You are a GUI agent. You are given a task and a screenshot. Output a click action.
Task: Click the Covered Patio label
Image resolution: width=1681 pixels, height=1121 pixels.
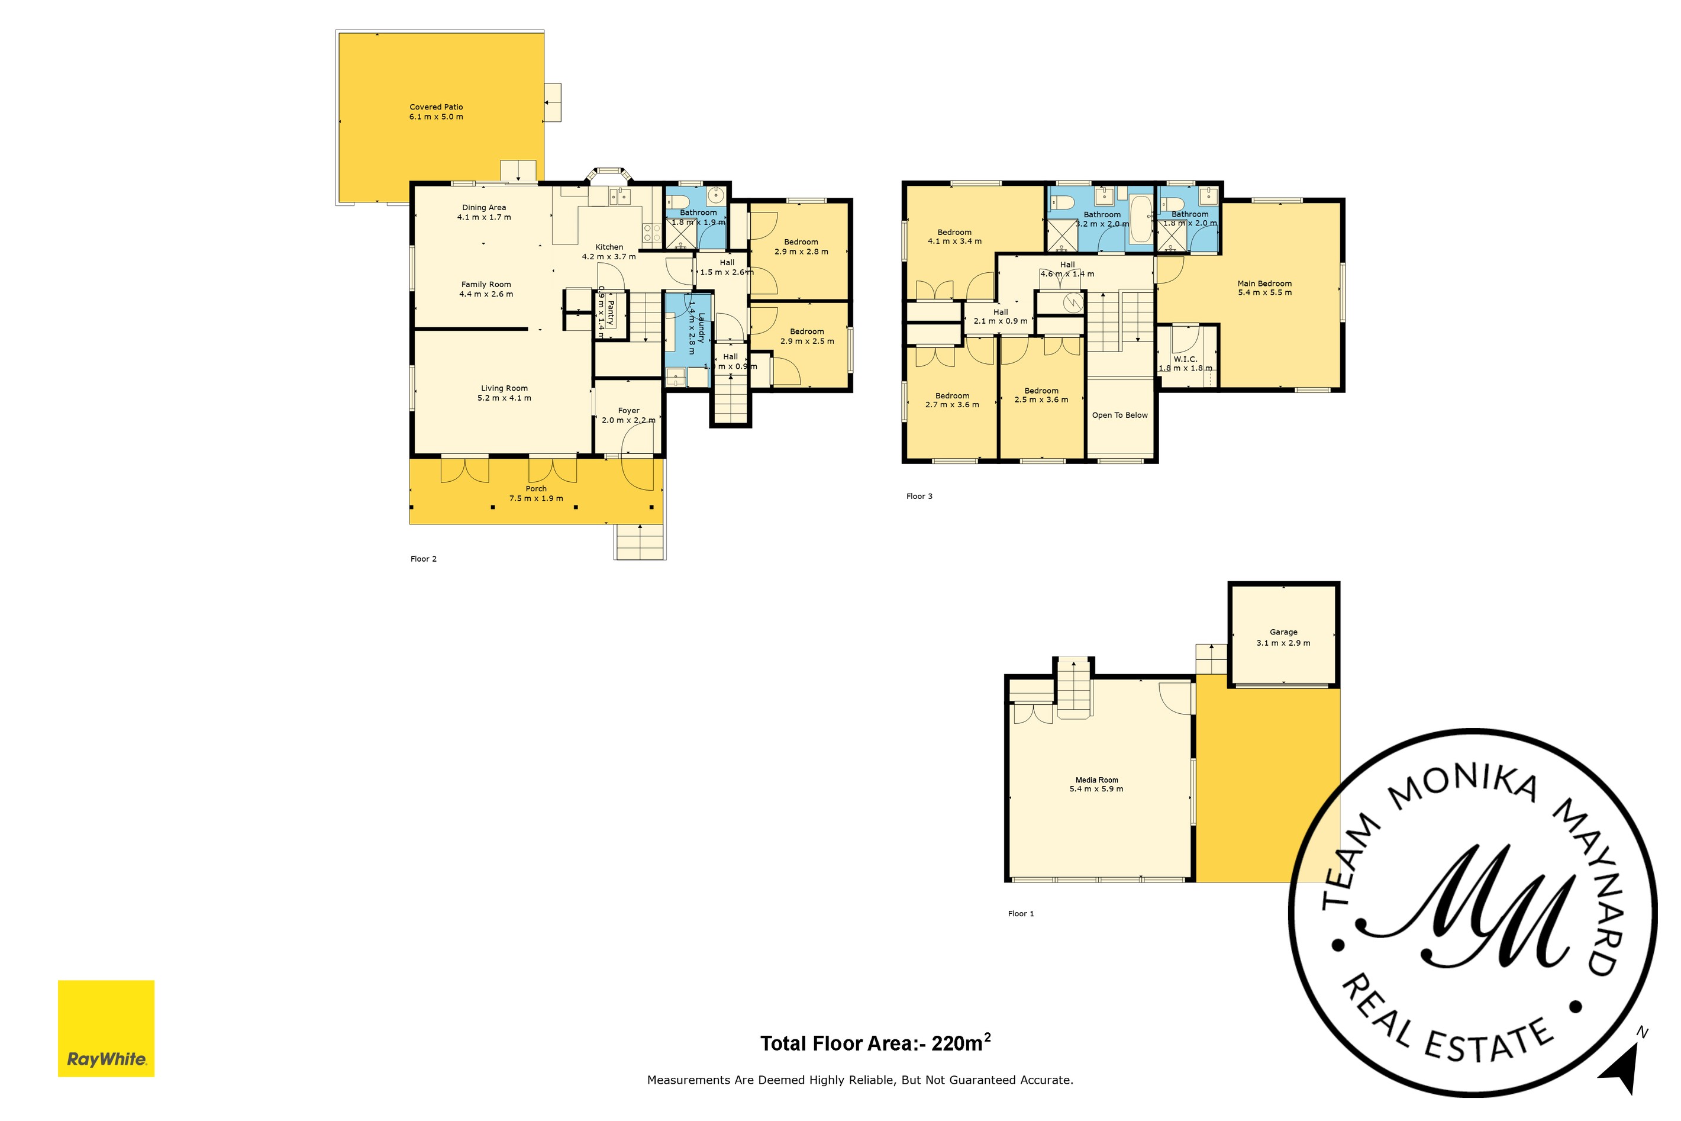pos(436,107)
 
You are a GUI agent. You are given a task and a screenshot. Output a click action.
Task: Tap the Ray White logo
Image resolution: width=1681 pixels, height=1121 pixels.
pos(106,1028)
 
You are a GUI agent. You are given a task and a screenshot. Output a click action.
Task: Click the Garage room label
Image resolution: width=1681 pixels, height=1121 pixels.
pos(1283,632)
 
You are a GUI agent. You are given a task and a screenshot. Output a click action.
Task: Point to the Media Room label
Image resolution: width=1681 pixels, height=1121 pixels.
pos(1096,780)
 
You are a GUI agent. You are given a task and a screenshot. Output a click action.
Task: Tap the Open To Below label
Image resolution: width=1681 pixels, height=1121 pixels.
pos(1119,415)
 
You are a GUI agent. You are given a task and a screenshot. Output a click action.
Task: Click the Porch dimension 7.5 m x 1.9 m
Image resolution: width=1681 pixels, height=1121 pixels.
pos(536,498)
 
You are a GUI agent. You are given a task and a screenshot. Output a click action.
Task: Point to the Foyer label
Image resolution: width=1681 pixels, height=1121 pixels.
pos(628,410)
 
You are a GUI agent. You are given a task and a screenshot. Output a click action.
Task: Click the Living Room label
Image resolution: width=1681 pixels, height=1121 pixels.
pos(504,388)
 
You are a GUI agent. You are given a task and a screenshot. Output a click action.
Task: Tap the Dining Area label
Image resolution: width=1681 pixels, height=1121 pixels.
pos(484,207)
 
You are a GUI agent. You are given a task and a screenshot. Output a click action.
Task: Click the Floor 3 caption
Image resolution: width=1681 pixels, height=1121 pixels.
pos(919,496)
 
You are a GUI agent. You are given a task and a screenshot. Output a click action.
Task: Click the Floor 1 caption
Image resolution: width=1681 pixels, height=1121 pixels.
pos(1021,914)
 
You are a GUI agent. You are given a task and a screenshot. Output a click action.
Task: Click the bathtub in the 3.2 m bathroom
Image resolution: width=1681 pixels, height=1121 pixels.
pos(1140,219)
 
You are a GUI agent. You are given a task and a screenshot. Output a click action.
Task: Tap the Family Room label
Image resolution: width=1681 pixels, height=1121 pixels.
pos(486,285)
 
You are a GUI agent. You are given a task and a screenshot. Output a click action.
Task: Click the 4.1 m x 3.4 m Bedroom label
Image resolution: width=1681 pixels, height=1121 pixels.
pos(954,233)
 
